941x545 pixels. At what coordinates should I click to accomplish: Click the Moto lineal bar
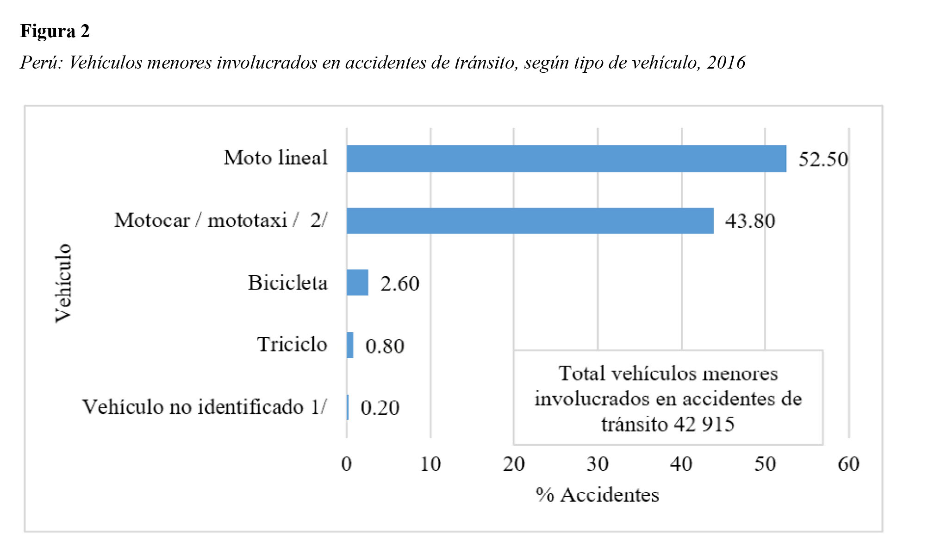(566, 158)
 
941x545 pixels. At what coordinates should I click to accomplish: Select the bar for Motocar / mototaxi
(530, 221)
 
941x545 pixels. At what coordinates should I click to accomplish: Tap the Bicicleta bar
(357, 283)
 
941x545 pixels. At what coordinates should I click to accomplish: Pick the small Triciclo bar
(350, 345)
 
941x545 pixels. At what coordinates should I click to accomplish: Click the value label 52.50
(823, 159)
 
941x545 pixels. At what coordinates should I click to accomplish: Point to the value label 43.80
(750, 221)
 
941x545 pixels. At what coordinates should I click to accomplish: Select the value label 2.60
(400, 284)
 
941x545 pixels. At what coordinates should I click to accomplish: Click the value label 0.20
(380, 408)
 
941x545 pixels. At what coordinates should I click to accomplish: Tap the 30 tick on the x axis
(598, 464)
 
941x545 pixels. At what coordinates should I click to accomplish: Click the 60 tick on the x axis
(848, 464)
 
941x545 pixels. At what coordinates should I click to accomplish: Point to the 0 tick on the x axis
(346, 464)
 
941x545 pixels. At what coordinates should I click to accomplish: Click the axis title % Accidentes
(597, 495)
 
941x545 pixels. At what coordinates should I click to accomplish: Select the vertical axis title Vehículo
(63, 283)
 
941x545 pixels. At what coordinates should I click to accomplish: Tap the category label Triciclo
(292, 344)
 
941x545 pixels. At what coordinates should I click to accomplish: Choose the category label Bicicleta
(287, 283)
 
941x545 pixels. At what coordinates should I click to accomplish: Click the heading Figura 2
(55, 31)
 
